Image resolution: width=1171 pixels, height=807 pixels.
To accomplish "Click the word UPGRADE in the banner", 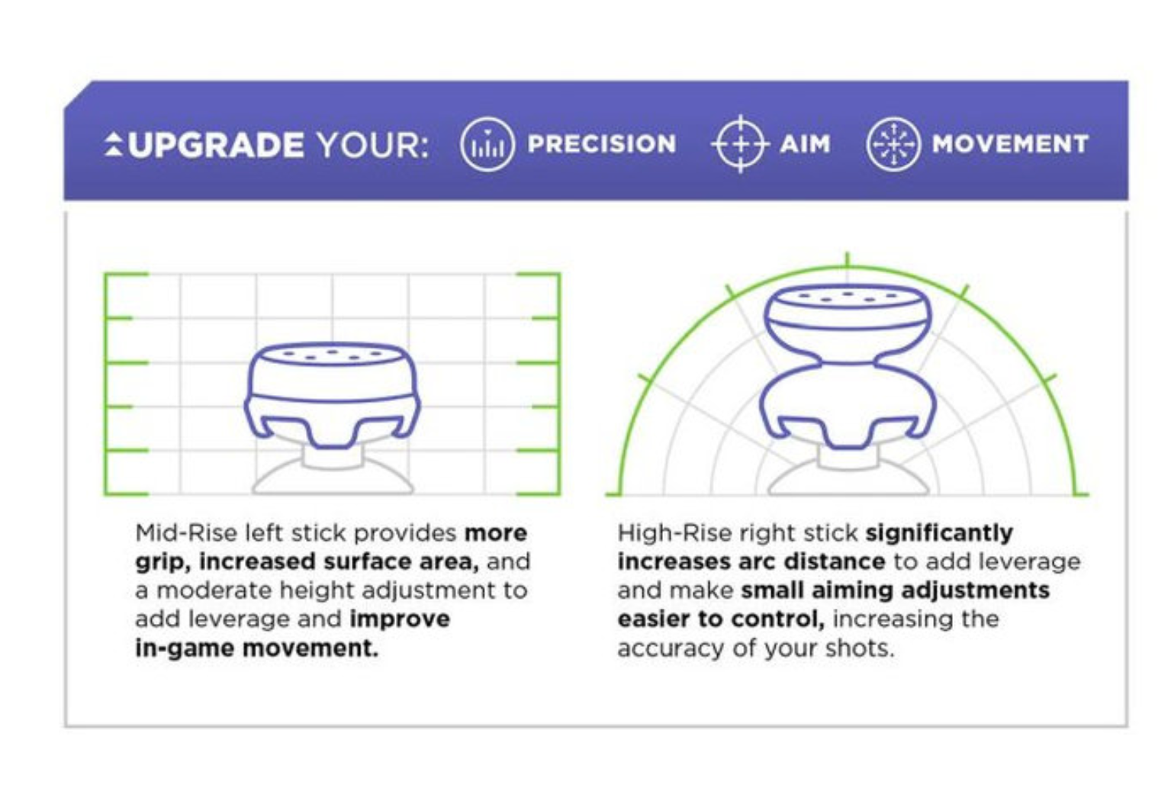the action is tap(215, 144).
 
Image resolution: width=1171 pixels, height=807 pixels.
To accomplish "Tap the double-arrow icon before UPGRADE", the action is tap(114, 144).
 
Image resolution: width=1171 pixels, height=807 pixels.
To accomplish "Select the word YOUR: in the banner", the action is tap(373, 145).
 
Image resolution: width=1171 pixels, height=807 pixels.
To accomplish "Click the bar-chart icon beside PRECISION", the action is tap(487, 144).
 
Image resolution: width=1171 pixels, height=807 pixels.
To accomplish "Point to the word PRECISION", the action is tap(602, 144).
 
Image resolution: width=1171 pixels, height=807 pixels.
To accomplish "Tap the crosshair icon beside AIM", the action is tap(740, 144).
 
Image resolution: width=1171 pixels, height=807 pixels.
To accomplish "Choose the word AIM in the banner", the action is tap(805, 144).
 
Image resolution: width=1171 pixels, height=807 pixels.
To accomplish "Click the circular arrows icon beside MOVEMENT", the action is tap(893, 144).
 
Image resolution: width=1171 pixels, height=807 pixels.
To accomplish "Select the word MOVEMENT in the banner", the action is tap(1010, 144).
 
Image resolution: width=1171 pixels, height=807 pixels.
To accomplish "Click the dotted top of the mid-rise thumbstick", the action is tap(332, 354).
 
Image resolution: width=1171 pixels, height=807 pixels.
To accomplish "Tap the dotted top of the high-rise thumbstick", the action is tap(848, 297).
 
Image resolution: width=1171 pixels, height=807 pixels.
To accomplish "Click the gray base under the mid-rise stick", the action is tap(333, 476).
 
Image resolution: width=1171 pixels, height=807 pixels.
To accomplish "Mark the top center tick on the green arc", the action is tap(848, 260).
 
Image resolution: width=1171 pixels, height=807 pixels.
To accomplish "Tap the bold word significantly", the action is tap(939, 534).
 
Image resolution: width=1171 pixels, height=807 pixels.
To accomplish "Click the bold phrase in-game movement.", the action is tap(256, 648).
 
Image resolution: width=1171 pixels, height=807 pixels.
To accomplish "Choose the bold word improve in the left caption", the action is tap(400, 620).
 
